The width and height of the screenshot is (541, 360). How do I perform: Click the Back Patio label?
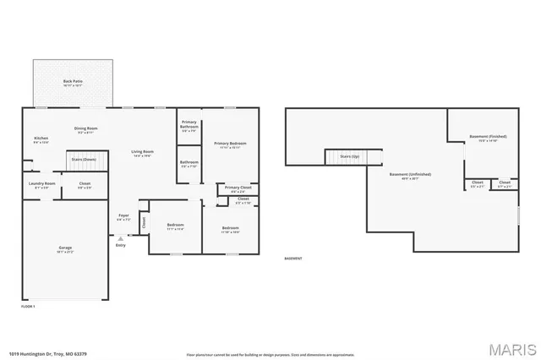(x=73, y=84)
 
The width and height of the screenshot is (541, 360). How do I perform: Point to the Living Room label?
(x=141, y=154)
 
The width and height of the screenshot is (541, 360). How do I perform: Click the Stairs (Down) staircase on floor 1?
(x=84, y=159)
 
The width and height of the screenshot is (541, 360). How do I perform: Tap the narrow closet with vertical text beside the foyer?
(x=143, y=223)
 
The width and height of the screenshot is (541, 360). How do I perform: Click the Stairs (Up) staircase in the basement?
(x=344, y=157)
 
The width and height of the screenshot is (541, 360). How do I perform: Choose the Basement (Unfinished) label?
(x=410, y=177)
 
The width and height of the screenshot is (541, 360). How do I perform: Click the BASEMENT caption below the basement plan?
(x=293, y=259)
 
